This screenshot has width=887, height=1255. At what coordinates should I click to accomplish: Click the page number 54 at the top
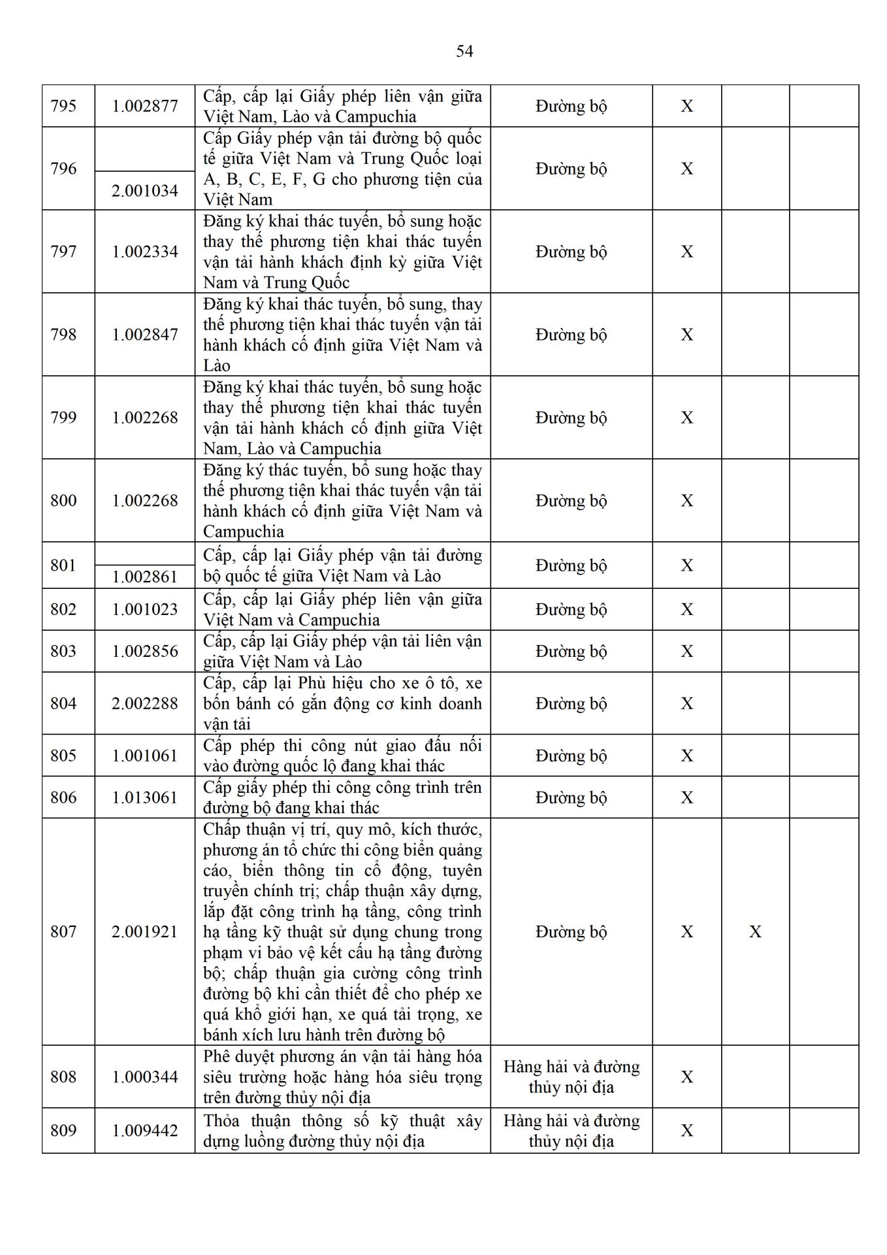(x=464, y=52)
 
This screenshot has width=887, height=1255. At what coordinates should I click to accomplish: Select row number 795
(x=63, y=106)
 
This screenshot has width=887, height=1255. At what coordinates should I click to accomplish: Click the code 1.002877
(x=145, y=106)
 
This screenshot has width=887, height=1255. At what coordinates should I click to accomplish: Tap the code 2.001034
(x=145, y=191)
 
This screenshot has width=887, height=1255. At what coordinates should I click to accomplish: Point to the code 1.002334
(x=145, y=252)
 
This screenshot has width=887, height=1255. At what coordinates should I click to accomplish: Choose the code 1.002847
(x=145, y=335)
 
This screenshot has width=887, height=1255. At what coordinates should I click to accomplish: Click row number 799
(x=63, y=418)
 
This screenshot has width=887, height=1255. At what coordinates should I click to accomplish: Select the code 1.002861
(x=145, y=577)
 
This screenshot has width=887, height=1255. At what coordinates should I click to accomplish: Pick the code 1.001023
(x=145, y=609)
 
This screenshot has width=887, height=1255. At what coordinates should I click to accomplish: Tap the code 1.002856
(x=145, y=651)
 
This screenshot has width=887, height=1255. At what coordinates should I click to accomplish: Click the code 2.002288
(x=145, y=703)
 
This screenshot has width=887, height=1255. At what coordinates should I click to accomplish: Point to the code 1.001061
(x=145, y=756)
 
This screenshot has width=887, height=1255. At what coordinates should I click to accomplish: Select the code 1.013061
(x=145, y=797)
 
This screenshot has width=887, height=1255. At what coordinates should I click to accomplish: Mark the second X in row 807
(x=755, y=931)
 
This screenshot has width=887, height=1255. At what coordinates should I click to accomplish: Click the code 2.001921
(x=145, y=931)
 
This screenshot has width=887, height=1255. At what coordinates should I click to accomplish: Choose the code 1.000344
(x=145, y=1077)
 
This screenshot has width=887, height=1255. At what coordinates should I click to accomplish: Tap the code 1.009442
(x=145, y=1130)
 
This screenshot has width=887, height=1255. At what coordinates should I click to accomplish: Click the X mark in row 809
(x=687, y=1130)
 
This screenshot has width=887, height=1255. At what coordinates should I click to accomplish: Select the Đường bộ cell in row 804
(x=572, y=703)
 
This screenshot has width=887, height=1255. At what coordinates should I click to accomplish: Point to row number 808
(x=63, y=1077)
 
